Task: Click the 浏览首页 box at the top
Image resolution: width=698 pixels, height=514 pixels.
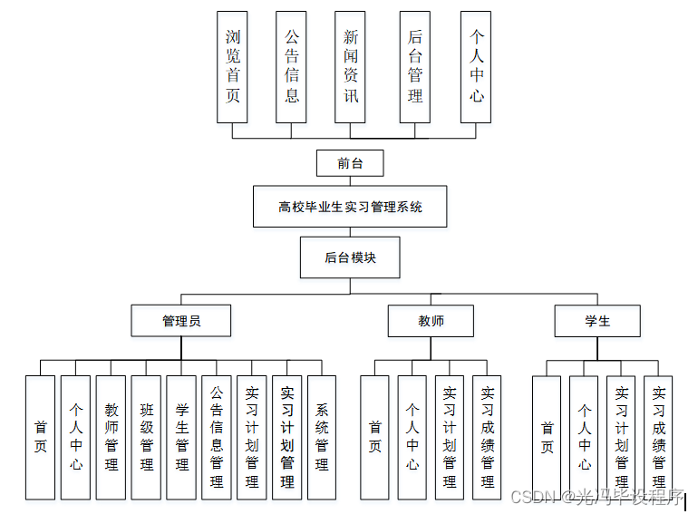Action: click(x=233, y=67)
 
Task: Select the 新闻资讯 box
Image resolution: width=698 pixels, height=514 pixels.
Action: click(x=351, y=67)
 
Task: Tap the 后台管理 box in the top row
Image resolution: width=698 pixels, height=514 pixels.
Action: click(x=414, y=67)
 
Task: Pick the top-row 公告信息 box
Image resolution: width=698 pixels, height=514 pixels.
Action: click(x=292, y=67)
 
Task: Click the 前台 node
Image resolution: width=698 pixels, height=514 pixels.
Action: click(x=350, y=163)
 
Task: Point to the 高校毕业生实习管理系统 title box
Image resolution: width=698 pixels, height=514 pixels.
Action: click(x=350, y=207)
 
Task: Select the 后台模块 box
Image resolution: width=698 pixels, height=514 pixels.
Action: click(x=350, y=257)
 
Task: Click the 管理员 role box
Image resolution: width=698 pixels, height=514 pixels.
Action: click(x=181, y=321)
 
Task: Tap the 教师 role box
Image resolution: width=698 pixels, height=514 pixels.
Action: click(x=431, y=321)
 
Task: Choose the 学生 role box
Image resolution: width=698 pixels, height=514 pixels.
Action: click(x=597, y=321)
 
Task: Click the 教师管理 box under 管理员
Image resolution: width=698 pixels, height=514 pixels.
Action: click(x=111, y=437)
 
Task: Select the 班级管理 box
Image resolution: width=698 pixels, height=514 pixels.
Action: click(x=146, y=437)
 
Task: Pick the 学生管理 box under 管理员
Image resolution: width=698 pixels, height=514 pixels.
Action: click(x=181, y=437)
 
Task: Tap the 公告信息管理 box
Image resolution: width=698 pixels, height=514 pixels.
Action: click(x=217, y=437)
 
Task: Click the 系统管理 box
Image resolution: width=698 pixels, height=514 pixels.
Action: click(x=322, y=437)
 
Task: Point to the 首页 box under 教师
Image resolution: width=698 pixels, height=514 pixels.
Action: click(x=375, y=437)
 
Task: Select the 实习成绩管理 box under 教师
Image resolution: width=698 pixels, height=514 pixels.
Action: click(x=488, y=437)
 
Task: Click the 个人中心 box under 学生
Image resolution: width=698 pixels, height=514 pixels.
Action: click(x=585, y=437)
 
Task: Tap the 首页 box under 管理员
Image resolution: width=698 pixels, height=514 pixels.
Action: click(x=40, y=437)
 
